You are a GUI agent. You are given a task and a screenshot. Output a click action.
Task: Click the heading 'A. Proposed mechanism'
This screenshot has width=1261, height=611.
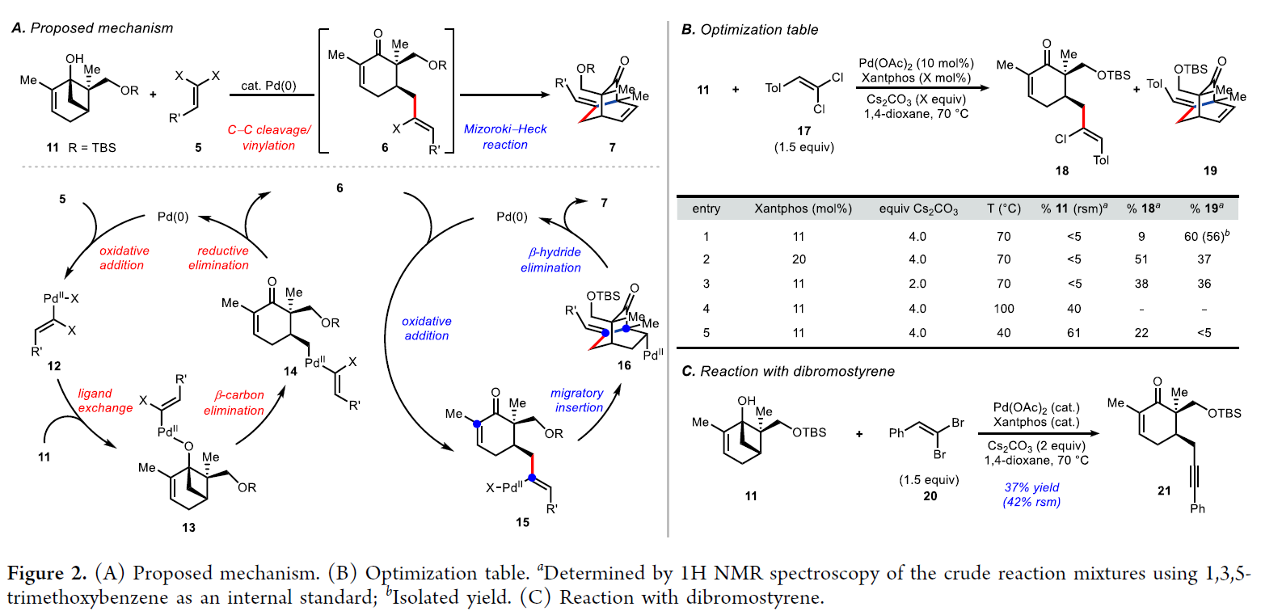pyautogui.click(x=92, y=29)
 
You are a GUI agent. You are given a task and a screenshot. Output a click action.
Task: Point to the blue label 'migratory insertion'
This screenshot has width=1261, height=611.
pyautogui.click(x=577, y=400)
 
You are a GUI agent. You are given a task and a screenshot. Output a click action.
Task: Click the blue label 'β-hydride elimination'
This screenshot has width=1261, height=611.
pyautogui.click(x=551, y=260)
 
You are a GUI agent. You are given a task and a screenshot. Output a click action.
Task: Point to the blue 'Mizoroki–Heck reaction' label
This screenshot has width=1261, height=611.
pyautogui.click(x=497, y=137)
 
